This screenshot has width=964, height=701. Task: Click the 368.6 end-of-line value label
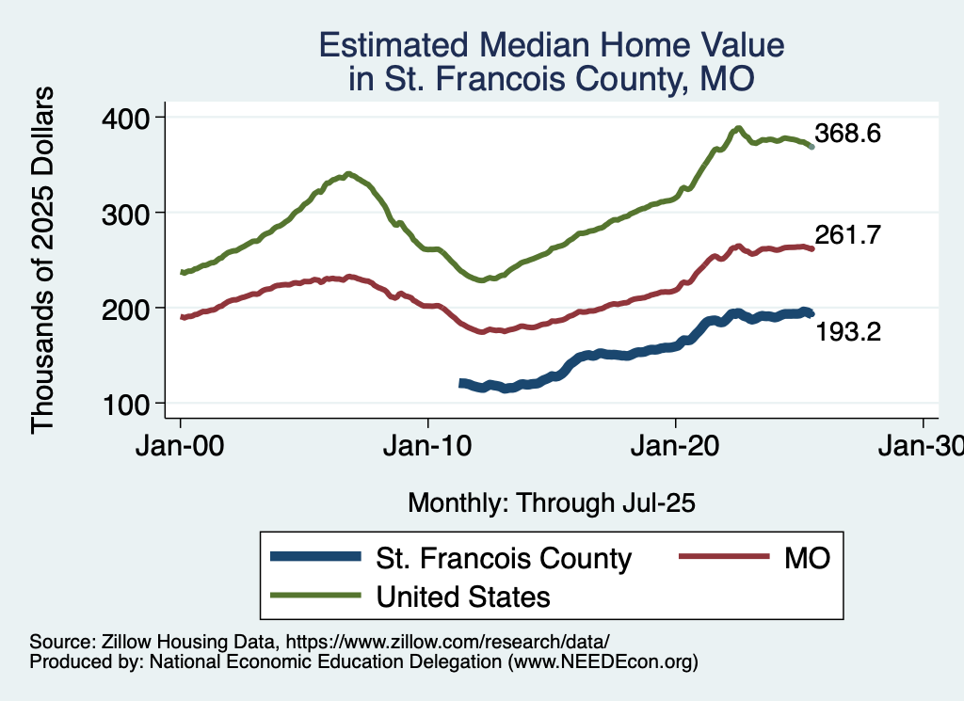click(847, 134)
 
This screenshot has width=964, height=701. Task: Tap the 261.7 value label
click(847, 236)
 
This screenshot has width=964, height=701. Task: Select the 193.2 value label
click(847, 331)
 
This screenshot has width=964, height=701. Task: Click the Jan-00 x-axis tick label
click(181, 446)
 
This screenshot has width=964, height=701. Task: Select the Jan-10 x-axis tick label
click(428, 446)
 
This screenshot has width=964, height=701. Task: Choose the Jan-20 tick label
click(676, 446)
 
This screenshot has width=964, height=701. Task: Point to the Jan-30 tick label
click(923, 446)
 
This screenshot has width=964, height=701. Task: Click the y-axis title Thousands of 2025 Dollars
click(43, 260)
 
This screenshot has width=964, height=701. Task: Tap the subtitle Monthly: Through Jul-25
click(551, 503)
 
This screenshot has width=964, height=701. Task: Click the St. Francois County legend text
click(504, 558)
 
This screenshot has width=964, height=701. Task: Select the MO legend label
click(807, 558)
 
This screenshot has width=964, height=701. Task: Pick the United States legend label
click(463, 596)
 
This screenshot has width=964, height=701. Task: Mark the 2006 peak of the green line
click(348, 173)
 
